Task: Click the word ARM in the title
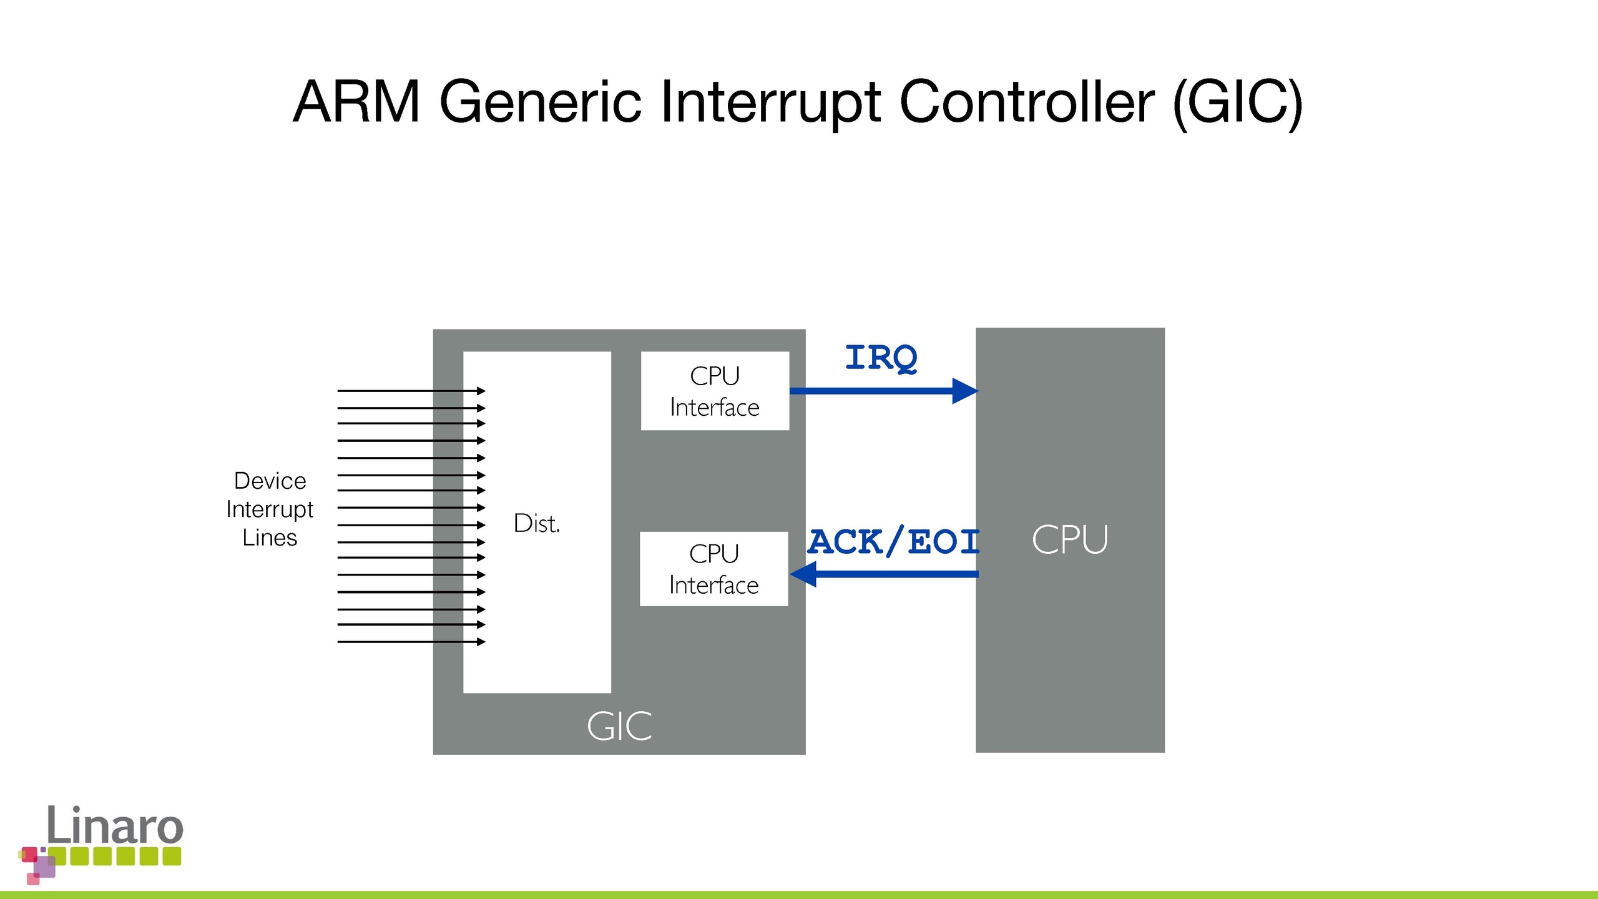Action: pyautogui.click(x=356, y=101)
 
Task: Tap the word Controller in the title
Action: pyautogui.click(x=1027, y=101)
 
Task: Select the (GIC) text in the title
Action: pyautogui.click(x=1237, y=101)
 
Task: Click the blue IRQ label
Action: pyautogui.click(x=881, y=358)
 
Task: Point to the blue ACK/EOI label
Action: pyautogui.click(x=893, y=541)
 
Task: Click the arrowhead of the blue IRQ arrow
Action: pyautogui.click(x=964, y=391)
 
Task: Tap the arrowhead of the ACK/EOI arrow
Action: pyautogui.click(x=803, y=574)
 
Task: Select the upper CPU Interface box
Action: pyautogui.click(x=715, y=391)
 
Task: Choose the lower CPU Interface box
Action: pyautogui.click(x=713, y=569)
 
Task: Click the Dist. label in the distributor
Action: pyautogui.click(x=536, y=523)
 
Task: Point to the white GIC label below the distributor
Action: pyautogui.click(x=619, y=726)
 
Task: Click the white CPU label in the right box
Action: pyautogui.click(x=1069, y=539)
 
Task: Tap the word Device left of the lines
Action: pyautogui.click(x=270, y=481)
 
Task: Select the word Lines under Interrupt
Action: pyautogui.click(x=270, y=538)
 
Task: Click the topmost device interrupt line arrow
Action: pyautogui.click(x=481, y=391)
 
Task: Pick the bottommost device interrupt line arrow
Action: pyautogui.click(x=481, y=642)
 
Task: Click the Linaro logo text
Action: pyautogui.click(x=115, y=825)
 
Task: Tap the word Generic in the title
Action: pyautogui.click(x=541, y=101)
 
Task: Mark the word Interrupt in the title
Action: pyautogui.click(x=770, y=101)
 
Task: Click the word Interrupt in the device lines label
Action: pyautogui.click(x=270, y=509)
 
